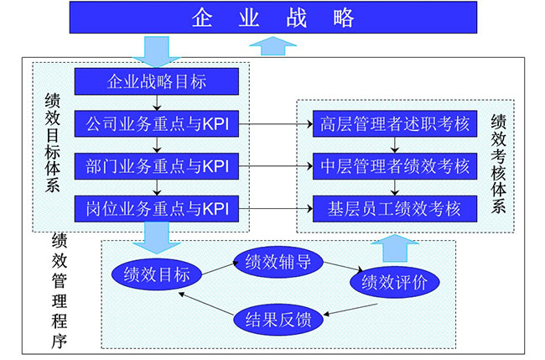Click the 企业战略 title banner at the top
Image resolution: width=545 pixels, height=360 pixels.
tap(272, 18)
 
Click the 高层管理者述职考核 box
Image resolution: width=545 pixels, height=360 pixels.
tap(393, 125)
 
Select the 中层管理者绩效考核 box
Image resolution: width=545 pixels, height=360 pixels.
tap(393, 166)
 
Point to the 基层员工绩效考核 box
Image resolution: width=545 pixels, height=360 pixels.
tap(393, 207)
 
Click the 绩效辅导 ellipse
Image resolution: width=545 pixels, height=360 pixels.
tap(278, 261)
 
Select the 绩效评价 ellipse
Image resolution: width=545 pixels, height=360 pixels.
tap(393, 282)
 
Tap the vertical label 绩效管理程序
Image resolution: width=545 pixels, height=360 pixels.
tap(60, 289)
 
